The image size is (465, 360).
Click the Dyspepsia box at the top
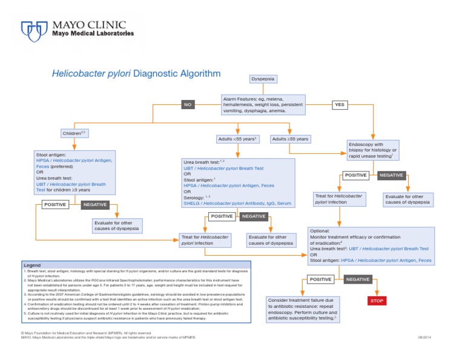coord(262,79)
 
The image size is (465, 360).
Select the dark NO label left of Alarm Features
coord(188,104)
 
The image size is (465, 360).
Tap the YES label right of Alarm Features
coord(340,104)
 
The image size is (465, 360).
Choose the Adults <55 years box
coord(237,139)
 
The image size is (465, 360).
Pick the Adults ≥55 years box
coord(291,139)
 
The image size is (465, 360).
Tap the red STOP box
coord(377,301)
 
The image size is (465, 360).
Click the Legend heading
coord(32,265)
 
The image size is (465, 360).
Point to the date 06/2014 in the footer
coord(424,337)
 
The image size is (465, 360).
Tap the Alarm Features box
coord(262,104)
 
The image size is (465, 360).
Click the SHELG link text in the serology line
coord(192,204)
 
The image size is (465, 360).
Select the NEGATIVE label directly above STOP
coord(357,279)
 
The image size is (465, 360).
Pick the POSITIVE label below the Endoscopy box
coord(355,175)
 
